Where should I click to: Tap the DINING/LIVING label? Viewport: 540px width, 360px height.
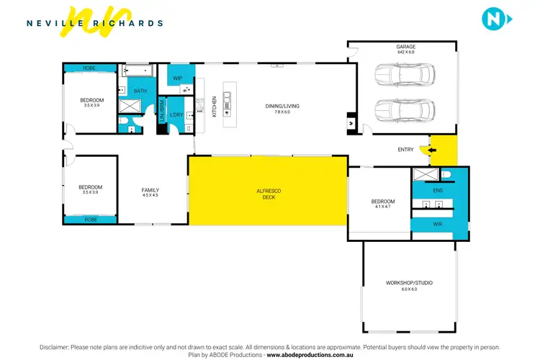282,106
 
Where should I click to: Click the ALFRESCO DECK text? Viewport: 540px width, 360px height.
268,194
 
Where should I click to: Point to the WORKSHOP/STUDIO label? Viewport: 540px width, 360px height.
409,283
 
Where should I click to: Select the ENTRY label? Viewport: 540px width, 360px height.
405,150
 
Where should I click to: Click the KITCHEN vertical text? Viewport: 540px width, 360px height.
214,107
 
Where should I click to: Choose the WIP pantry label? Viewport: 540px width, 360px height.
178,77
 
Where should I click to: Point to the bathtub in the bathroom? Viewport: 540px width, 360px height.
138,71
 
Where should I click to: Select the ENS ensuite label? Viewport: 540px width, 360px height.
437,191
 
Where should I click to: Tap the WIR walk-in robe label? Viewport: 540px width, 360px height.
437,224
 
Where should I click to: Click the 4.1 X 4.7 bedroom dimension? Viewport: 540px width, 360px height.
382,207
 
